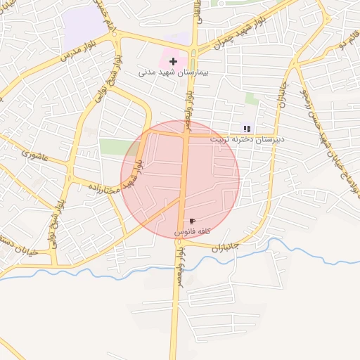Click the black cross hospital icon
point(173,62)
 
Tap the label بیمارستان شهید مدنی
point(175,72)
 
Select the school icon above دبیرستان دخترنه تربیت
point(246,128)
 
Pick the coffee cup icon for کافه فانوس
point(192,221)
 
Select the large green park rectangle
point(117,147)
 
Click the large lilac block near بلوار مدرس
point(83,28)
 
